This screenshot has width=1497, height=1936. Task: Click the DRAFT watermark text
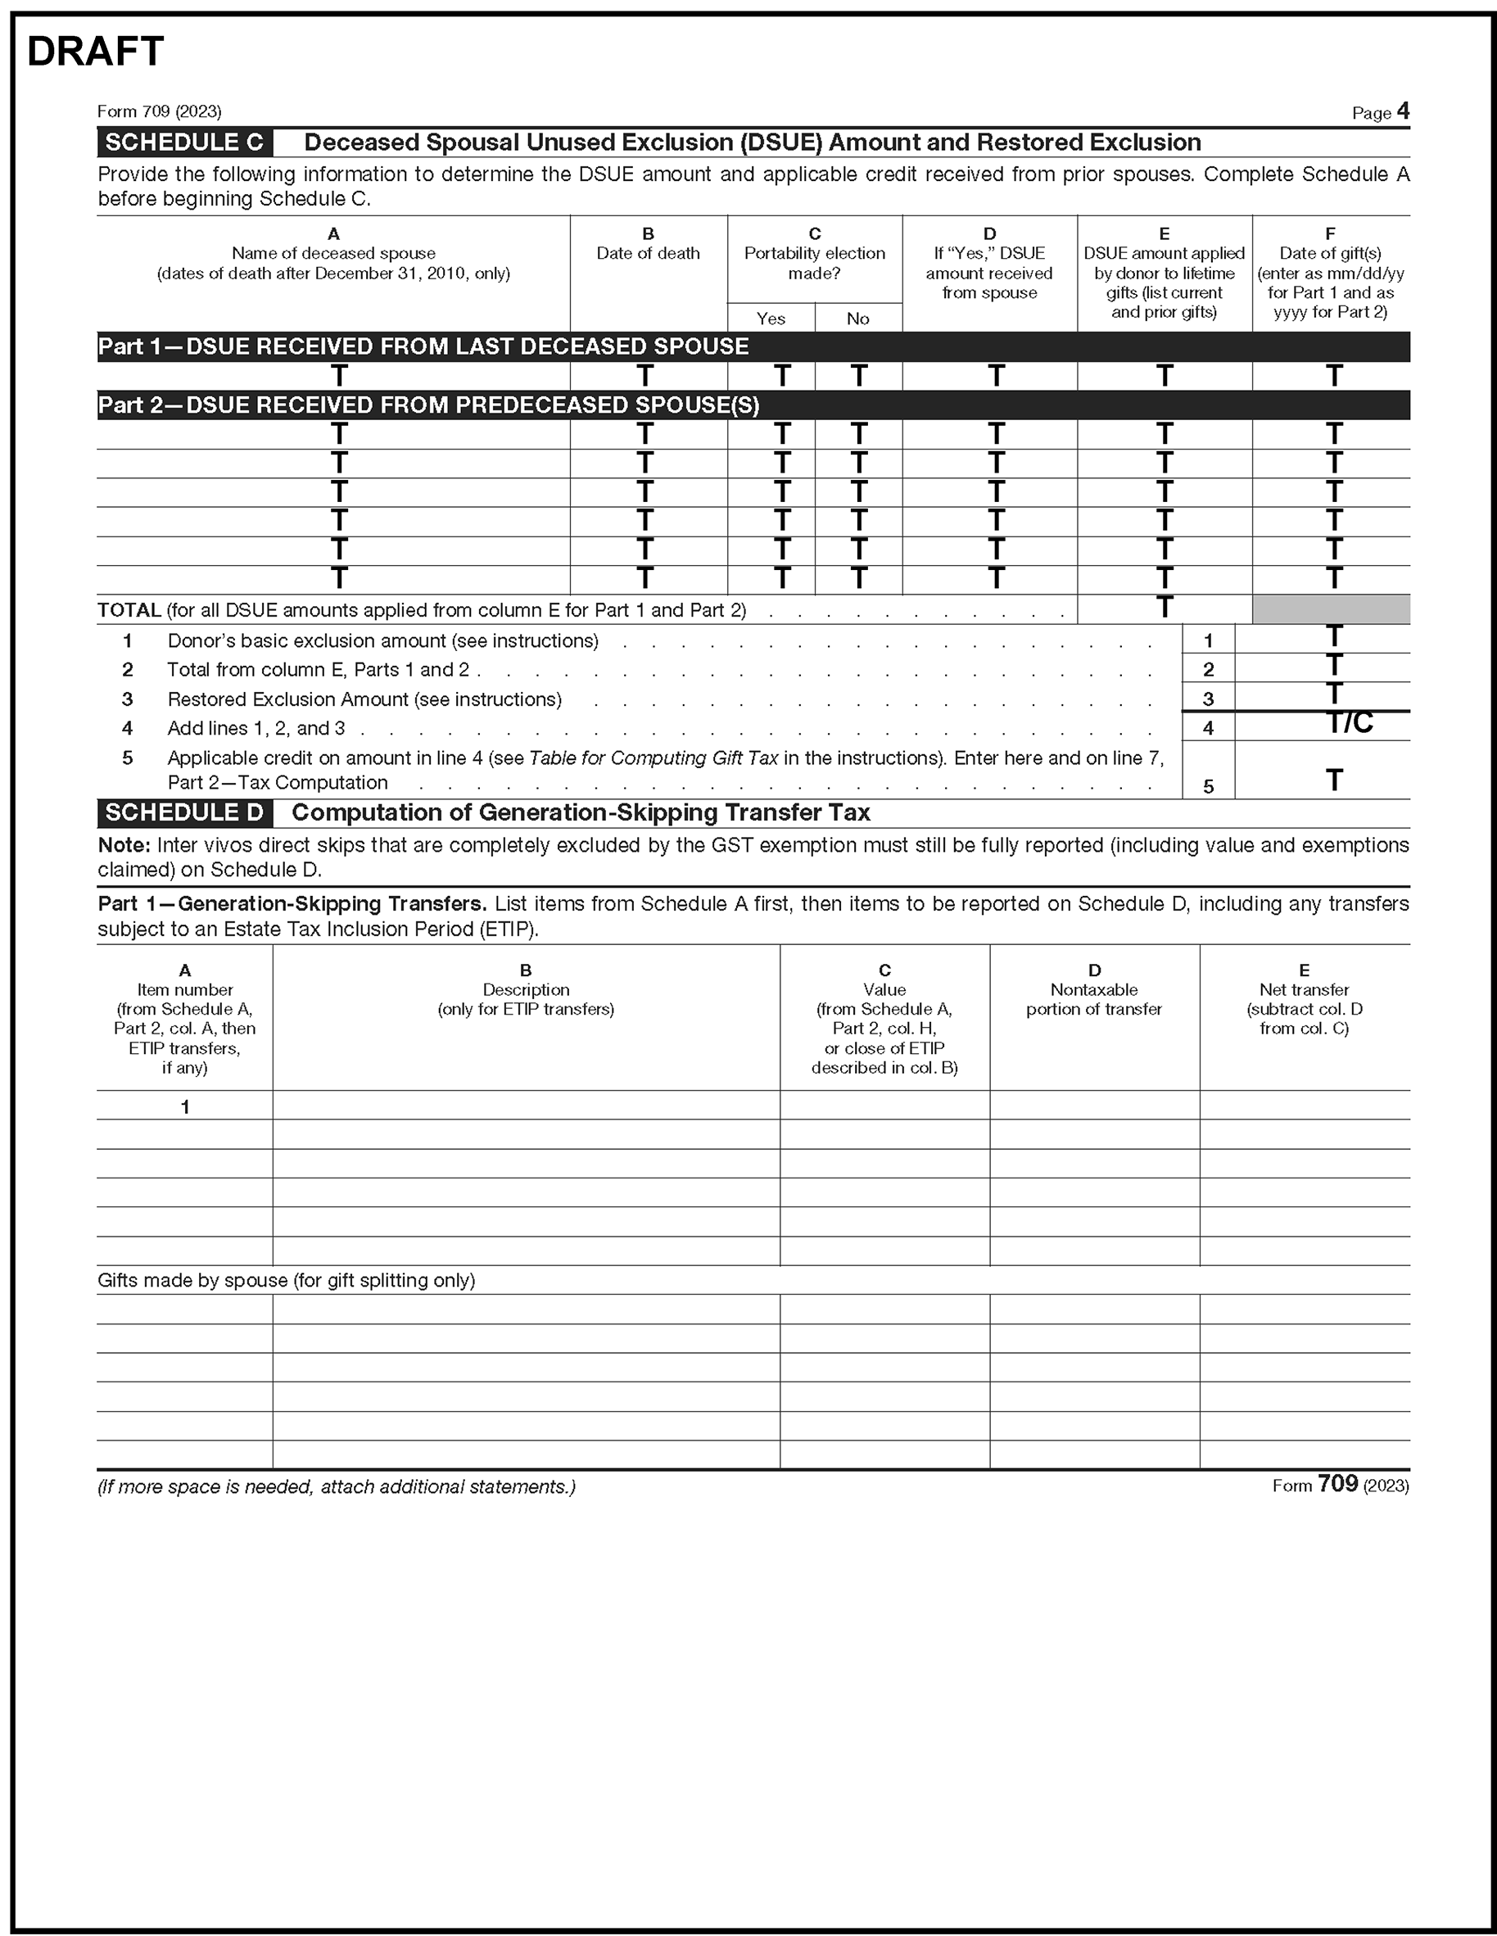[x=96, y=52]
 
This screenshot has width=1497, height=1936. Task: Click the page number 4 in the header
[x=1402, y=111]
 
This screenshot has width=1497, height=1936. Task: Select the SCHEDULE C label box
[x=184, y=142]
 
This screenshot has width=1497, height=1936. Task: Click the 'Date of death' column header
[x=648, y=254]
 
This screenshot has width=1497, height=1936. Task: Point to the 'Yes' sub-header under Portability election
[x=771, y=319]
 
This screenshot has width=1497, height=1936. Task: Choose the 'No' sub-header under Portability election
[x=857, y=319]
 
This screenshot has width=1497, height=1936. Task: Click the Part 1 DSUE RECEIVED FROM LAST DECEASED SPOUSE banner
[x=423, y=346]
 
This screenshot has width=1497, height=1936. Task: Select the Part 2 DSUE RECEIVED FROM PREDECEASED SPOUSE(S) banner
[x=429, y=405]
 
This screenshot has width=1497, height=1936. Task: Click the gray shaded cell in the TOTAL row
[x=1331, y=610]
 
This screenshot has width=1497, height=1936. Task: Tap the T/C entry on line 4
[x=1349, y=723]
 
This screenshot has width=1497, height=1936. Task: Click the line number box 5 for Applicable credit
[x=1207, y=786]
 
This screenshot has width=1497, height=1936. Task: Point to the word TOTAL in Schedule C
[x=129, y=611]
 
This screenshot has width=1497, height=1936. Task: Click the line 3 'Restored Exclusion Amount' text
[x=364, y=699]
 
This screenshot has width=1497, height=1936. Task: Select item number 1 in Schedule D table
[x=185, y=1106]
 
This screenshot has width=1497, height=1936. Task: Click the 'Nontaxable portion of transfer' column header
[x=1094, y=999]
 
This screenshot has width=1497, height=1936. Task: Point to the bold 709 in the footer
[x=1337, y=1484]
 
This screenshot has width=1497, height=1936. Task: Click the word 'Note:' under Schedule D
[x=124, y=846]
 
